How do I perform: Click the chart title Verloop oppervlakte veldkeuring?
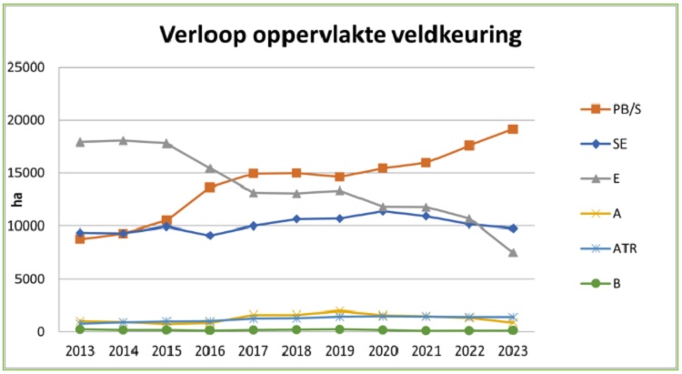click(x=341, y=35)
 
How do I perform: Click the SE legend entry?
click(x=613, y=143)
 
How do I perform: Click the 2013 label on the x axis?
click(x=81, y=350)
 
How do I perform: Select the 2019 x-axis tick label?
click(x=339, y=350)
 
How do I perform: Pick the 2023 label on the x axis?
click(x=512, y=350)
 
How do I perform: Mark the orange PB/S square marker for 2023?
click(x=513, y=129)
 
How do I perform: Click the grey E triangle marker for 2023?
click(x=513, y=252)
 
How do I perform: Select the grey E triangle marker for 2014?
click(x=124, y=140)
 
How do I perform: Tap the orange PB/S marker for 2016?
click(x=210, y=187)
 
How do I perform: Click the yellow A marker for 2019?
click(x=339, y=311)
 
